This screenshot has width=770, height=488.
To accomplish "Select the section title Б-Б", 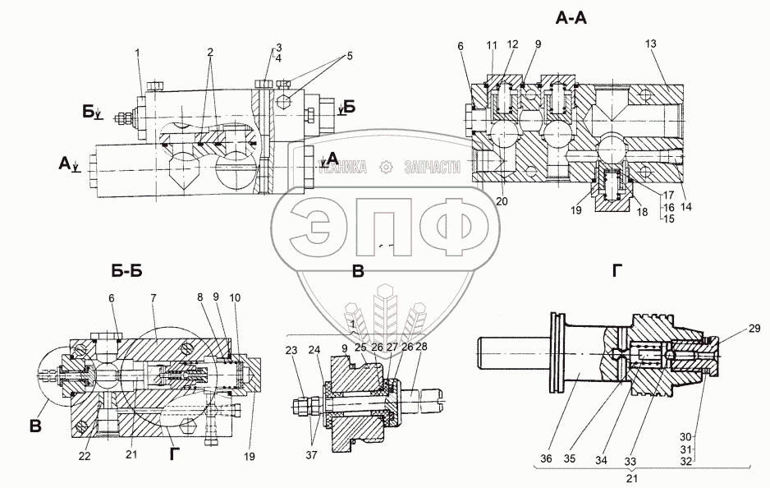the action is [127, 270].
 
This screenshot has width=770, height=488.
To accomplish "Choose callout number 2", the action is [211, 53].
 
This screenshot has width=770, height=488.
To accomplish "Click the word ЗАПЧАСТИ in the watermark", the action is [430, 168].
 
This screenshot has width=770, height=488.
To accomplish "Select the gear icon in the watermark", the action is [384, 168].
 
